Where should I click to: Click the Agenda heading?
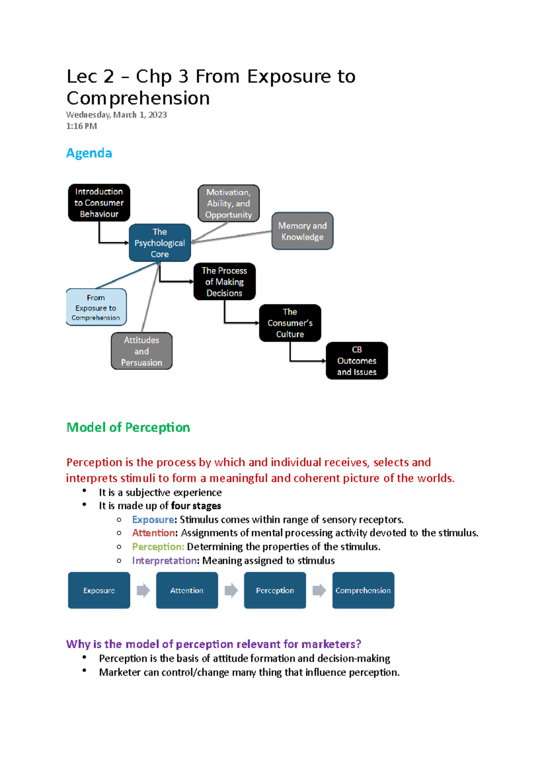[89, 153]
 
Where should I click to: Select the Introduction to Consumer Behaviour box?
[99, 203]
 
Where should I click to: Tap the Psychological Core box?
[160, 243]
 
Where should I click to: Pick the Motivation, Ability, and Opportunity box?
[228, 203]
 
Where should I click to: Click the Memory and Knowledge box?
[303, 231]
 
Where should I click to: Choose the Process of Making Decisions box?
[224, 282]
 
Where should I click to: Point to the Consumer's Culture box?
[290, 323]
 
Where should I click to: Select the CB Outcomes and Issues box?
[357, 361]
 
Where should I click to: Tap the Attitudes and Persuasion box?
[142, 351]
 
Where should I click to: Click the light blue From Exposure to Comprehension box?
[96, 307]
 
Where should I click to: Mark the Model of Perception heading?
[128, 427]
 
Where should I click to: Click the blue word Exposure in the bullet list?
[153, 519]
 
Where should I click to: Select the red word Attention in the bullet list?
[153, 533]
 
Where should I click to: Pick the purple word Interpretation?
[165, 560]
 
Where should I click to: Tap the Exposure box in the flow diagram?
[99, 590]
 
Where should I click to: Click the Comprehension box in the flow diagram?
[363, 590]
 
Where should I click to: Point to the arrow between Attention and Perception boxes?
[231, 590]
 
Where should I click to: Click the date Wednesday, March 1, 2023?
[116, 115]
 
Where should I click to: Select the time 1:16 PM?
[81, 126]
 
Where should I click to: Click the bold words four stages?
[196, 506]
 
